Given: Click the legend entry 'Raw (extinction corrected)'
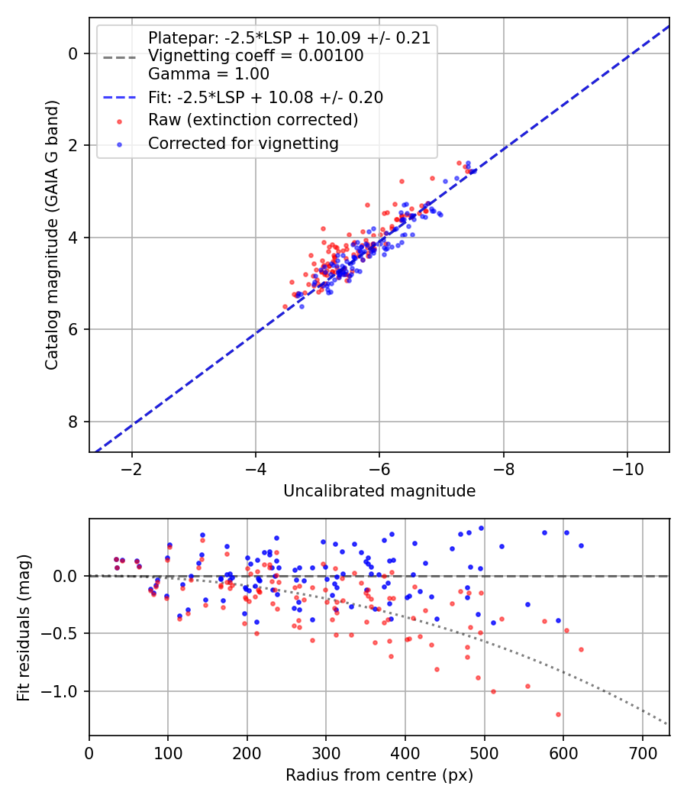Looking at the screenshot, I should [253, 120].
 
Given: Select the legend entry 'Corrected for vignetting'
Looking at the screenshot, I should [243, 143].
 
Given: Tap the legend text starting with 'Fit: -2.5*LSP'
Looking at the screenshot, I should [265, 97].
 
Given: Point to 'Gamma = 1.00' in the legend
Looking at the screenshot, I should [208, 74].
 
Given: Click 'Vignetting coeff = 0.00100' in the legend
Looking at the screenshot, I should [256, 56].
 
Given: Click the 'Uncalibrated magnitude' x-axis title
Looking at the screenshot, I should [379, 491].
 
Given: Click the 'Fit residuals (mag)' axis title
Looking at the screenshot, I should [24, 627].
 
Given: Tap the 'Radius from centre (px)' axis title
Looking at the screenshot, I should [379, 775].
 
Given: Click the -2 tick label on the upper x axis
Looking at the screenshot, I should [132, 467].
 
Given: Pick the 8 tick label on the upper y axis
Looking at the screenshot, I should [73, 422].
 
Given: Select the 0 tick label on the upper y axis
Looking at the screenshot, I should [73, 53].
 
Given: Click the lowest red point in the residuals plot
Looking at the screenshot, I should [558, 714].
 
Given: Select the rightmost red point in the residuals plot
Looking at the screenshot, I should [581, 649].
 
